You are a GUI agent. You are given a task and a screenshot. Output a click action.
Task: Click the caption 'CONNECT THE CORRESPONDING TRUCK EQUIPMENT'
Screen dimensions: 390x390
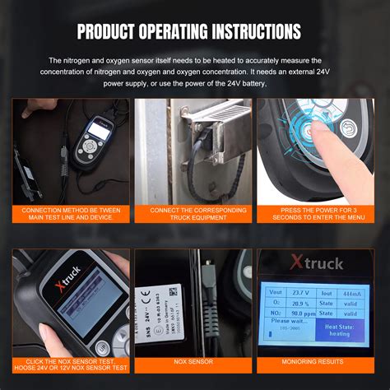[194, 215]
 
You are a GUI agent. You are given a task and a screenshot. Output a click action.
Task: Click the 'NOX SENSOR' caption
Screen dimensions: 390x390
[194, 361]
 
